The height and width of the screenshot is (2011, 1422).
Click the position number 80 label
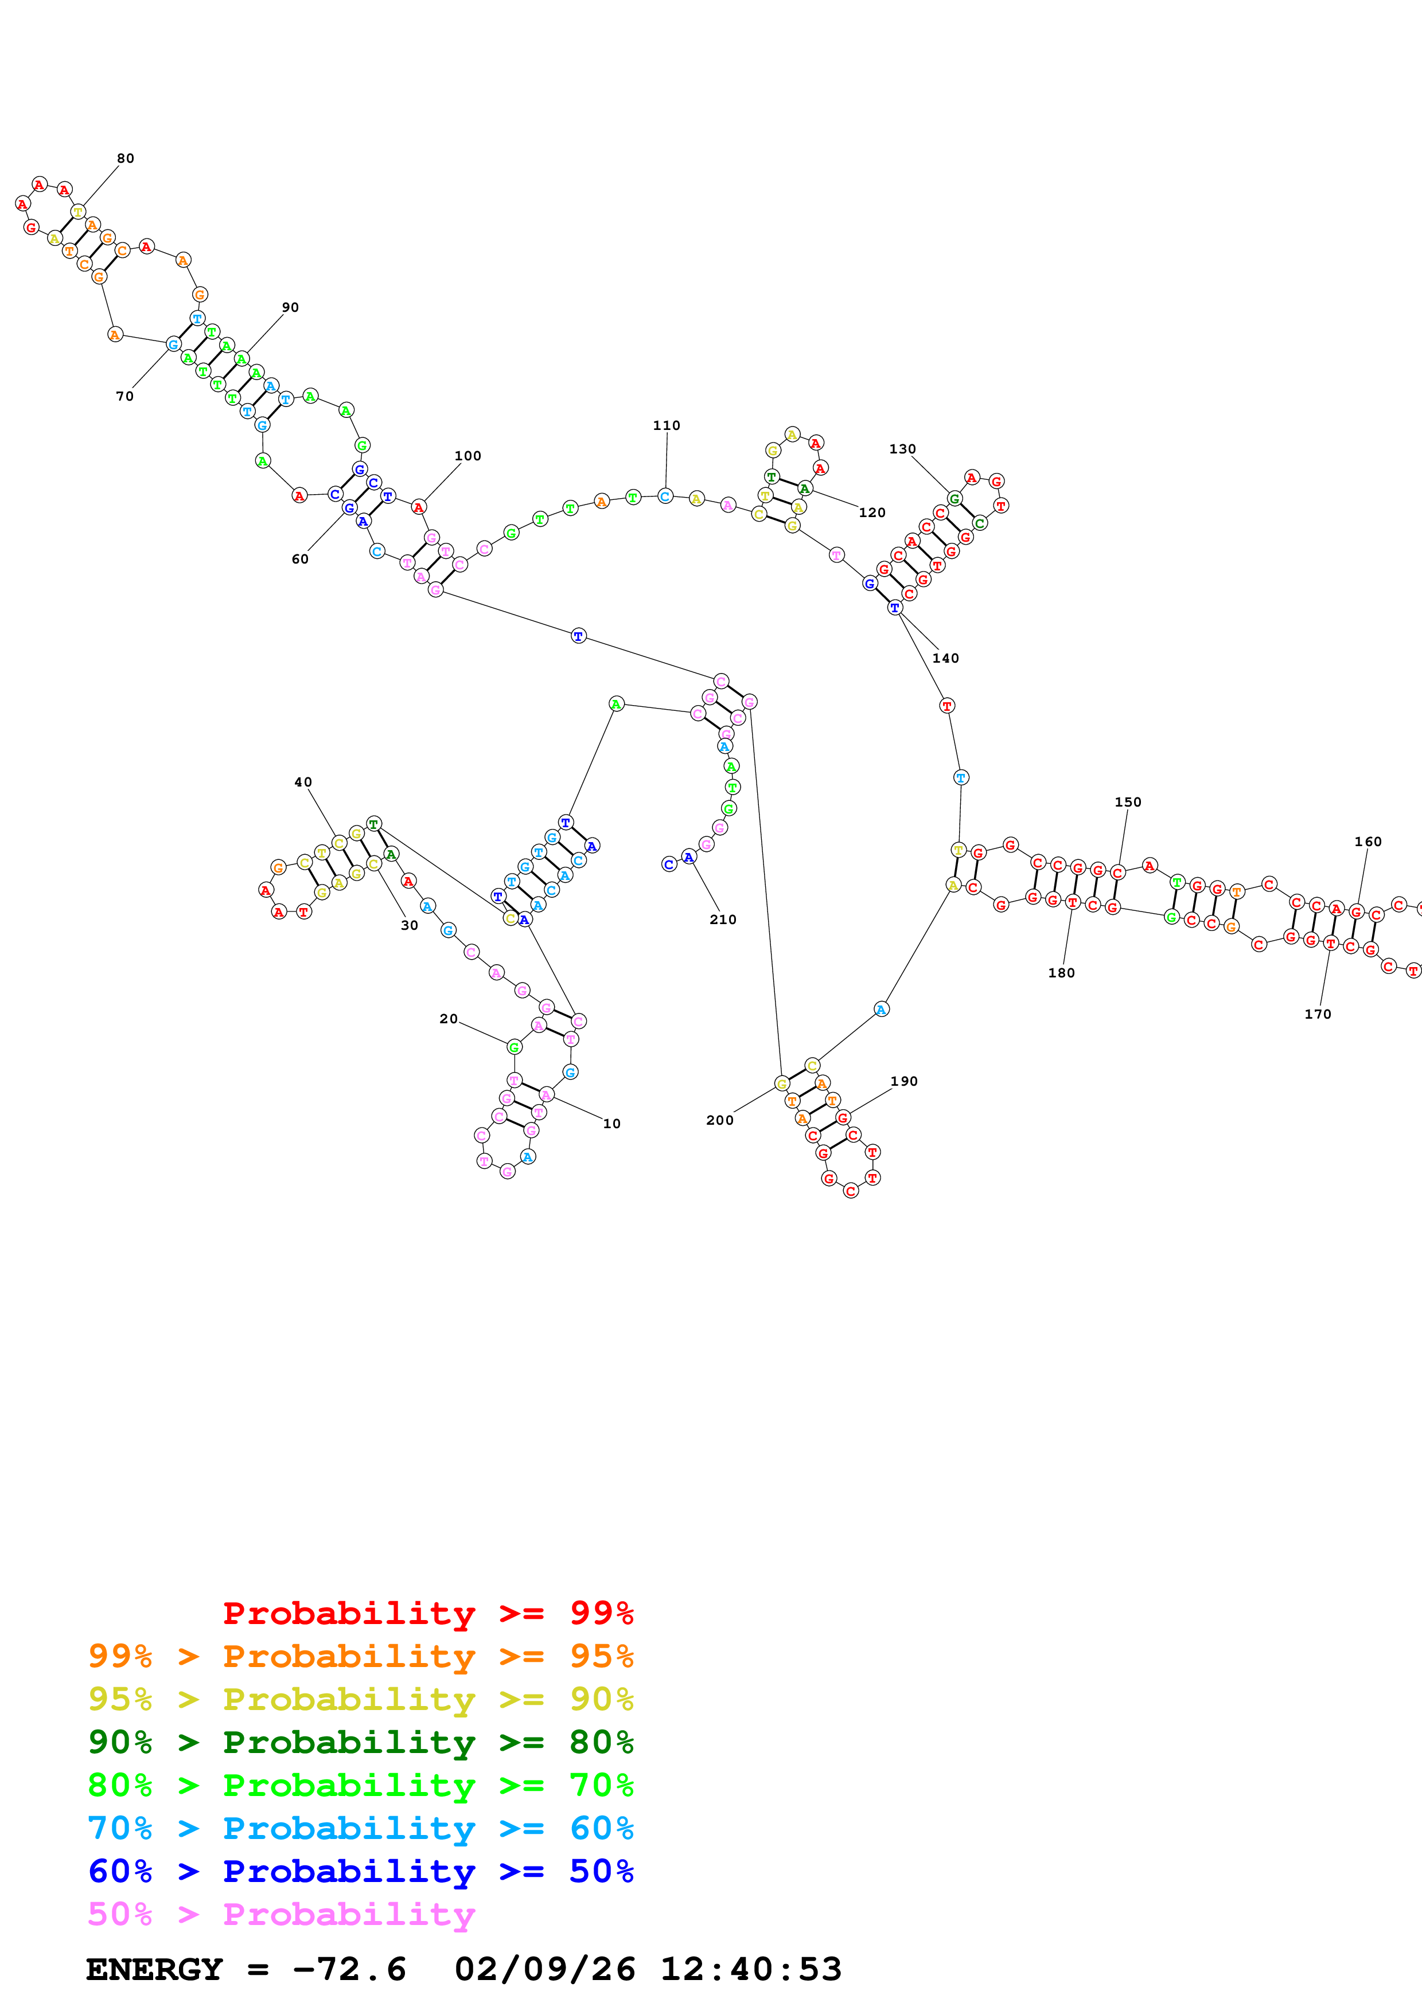(x=125, y=159)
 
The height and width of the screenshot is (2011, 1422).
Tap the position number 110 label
(x=666, y=426)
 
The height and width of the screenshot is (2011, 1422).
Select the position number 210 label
(x=723, y=920)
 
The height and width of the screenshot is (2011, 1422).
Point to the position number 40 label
(x=303, y=782)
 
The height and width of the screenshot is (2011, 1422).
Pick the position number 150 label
(x=1128, y=803)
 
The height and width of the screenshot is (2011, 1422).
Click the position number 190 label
(x=904, y=1082)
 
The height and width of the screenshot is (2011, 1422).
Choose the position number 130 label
(x=902, y=449)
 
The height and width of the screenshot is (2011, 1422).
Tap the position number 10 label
(x=611, y=1124)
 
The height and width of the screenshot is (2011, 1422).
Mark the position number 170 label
(x=1318, y=1014)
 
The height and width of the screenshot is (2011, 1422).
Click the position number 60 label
(x=299, y=560)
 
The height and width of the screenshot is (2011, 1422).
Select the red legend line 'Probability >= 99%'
(x=427, y=1613)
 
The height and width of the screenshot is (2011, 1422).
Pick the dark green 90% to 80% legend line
(x=360, y=1742)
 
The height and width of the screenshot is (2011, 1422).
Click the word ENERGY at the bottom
(x=154, y=1969)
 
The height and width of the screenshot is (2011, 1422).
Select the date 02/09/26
(x=545, y=1969)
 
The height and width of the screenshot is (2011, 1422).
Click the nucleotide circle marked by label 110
(x=665, y=496)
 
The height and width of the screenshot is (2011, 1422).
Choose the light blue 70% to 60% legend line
(x=360, y=1828)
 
